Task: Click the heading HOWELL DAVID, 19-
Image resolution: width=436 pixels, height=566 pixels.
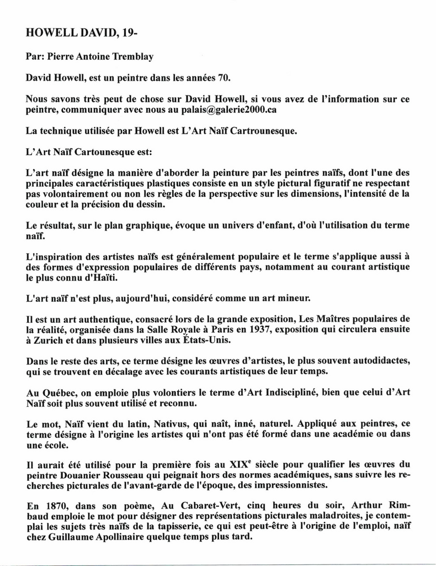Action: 82,33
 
